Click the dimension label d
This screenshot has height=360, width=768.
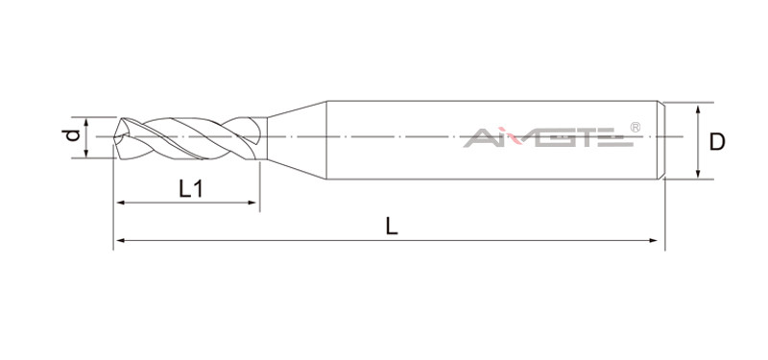point(73,134)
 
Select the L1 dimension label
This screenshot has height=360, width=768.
point(190,188)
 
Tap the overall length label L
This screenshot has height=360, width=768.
point(392,227)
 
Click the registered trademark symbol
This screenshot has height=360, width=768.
point(635,128)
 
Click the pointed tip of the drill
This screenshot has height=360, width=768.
point(113,137)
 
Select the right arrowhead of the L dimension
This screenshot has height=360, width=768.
point(653,241)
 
